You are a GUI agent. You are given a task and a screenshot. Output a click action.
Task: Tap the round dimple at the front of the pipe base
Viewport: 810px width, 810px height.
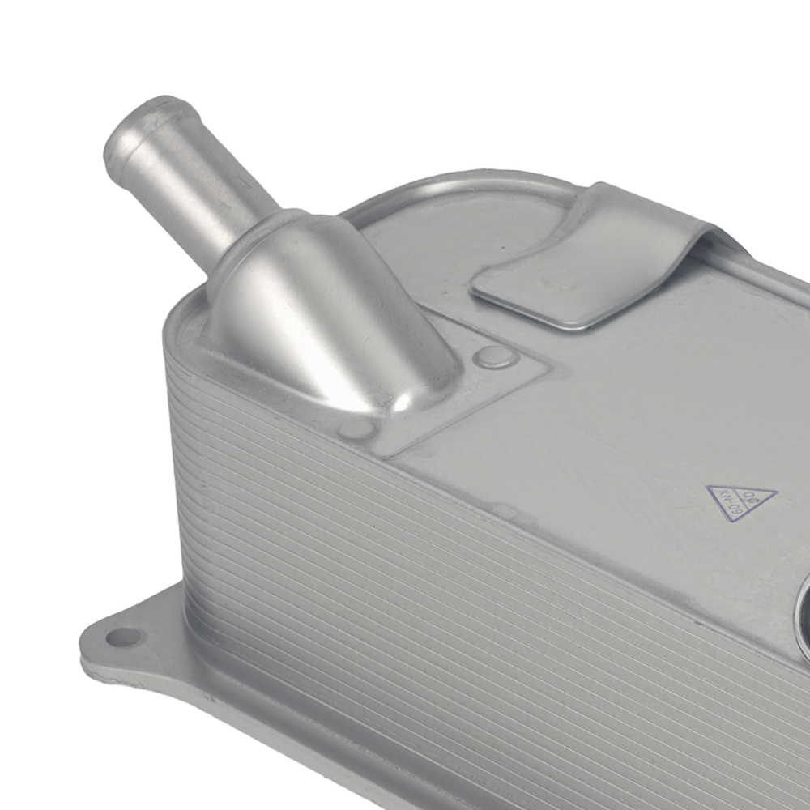[356, 428]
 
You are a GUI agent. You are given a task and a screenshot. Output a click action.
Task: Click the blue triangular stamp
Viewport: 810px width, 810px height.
[740, 501]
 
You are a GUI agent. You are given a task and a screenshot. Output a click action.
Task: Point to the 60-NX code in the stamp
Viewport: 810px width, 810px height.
[729, 502]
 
